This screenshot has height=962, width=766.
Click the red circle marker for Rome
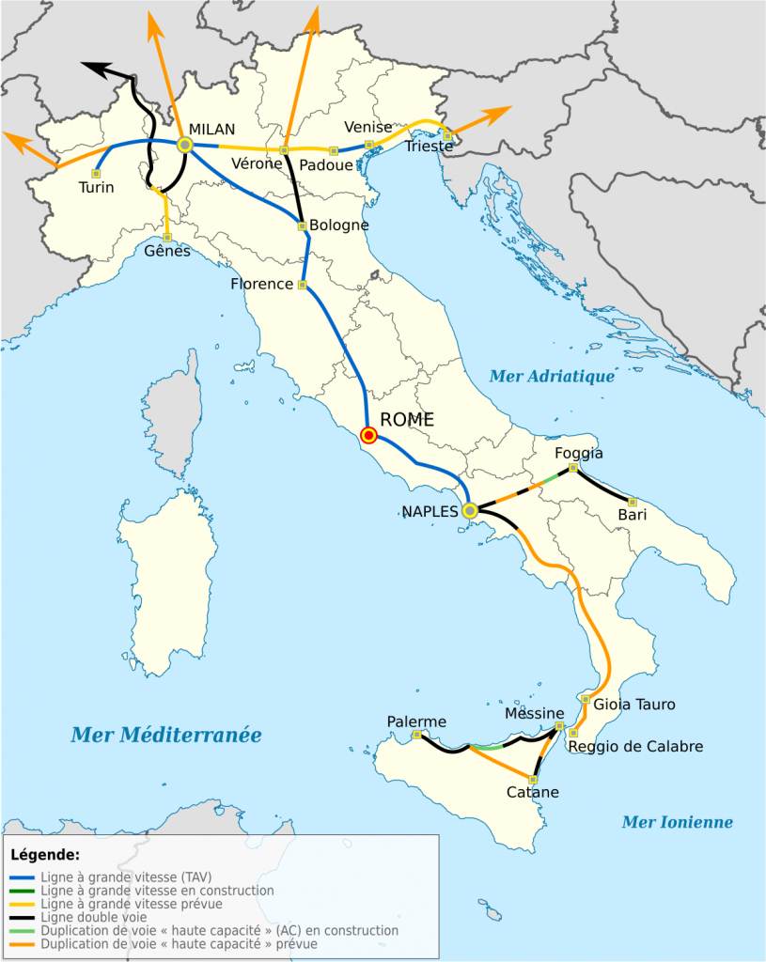pyautogui.click(x=369, y=435)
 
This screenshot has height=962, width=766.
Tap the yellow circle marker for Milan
pyautogui.click(x=185, y=145)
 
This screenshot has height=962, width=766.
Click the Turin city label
pyautogui.click(x=96, y=187)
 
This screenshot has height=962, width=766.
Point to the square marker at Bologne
pyautogui.click(x=302, y=225)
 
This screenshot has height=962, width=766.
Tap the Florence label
pyautogui.click(x=261, y=284)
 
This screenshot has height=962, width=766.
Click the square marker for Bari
pyautogui.click(x=633, y=502)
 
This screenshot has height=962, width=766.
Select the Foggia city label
pyautogui.click(x=579, y=453)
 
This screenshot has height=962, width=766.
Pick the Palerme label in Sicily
pyautogui.click(x=416, y=721)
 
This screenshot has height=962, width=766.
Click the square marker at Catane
pyautogui.click(x=534, y=779)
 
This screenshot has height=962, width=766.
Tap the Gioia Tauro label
pyautogui.click(x=634, y=704)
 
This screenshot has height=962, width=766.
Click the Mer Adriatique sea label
pyautogui.click(x=552, y=377)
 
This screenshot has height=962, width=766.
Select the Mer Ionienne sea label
pyautogui.click(x=677, y=822)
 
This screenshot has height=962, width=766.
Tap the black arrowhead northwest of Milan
pyautogui.click(x=92, y=66)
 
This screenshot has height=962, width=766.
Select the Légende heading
pyautogui.click(x=44, y=855)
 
